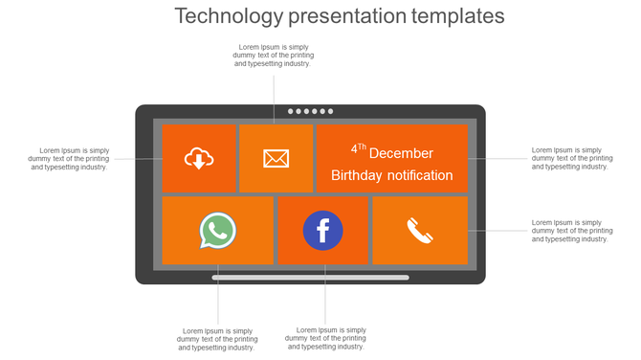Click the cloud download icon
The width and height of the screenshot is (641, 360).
click(198, 159)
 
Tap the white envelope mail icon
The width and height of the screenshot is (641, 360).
click(276, 159)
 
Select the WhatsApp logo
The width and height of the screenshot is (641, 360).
click(218, 231)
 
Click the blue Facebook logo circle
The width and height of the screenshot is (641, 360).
click(322, 231)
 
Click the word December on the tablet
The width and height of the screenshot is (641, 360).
click(401, 153)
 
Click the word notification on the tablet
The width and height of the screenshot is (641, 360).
click(420, 175)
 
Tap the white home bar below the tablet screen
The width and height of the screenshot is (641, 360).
click(310, 278)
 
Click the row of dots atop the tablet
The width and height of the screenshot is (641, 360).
click(310, 111)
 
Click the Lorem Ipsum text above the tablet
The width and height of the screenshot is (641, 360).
click(273, 56)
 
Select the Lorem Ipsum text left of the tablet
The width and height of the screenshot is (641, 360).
click(69, 158)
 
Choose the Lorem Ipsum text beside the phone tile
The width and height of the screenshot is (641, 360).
click(571, 231)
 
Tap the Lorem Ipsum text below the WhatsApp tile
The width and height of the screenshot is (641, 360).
click(217, 339)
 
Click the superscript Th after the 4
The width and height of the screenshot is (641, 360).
click(361, 147)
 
